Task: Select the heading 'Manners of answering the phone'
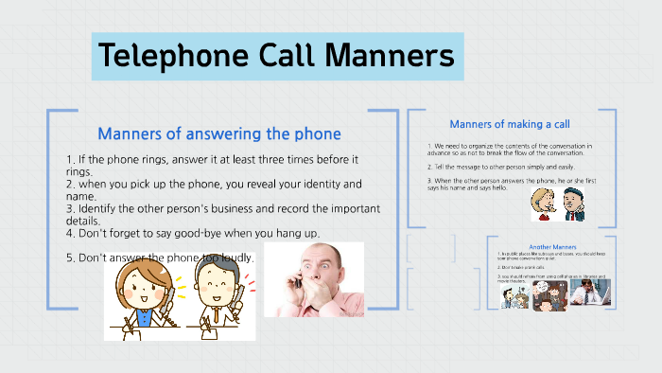click(218, 133)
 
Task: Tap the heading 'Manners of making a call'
click(509, 123)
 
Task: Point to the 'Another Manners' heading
click(553, 246)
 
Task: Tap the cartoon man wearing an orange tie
click(213, 298)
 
